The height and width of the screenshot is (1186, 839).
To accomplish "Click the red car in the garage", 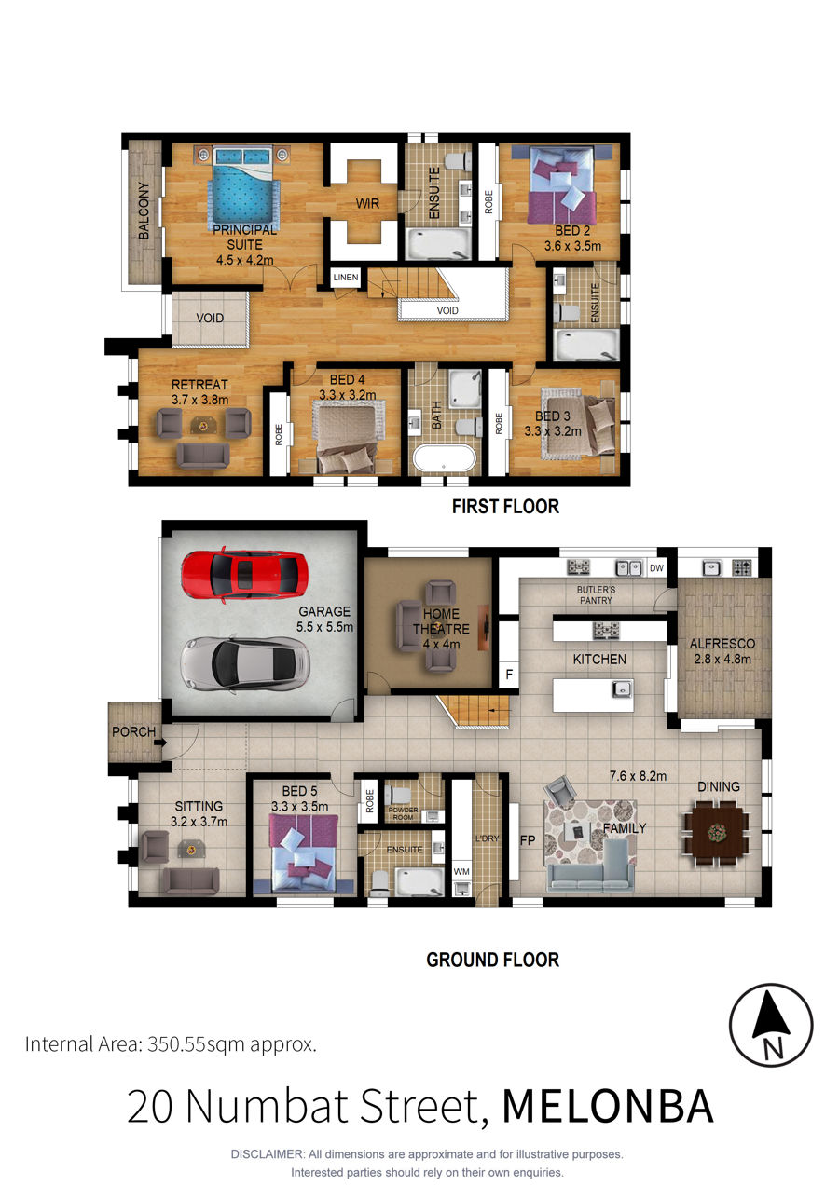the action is (x=244, y=575).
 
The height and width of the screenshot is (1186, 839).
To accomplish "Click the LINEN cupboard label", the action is (x=345, y=277).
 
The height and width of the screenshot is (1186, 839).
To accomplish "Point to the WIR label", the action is (x=367, y=203).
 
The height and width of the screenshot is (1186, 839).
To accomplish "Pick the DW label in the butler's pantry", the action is (x=656, y=568).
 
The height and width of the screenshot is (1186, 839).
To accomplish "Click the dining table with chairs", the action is (x=717, y=833).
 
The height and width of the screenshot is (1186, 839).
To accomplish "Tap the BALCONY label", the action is (x=143, y=210).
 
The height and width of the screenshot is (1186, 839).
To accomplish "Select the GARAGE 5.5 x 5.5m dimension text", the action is (x=324, y=619).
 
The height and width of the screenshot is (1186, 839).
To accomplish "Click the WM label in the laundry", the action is (x=461, y=871).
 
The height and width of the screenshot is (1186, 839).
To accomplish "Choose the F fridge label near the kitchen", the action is (x=509, y=674).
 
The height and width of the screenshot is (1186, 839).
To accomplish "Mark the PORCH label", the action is (x=133, y=731).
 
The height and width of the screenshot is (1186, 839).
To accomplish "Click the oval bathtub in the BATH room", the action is (x=444, y=457).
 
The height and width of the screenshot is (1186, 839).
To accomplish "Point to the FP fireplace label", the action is (x=528, y=839).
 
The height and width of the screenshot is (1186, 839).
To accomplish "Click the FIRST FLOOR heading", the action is (x=505, y=506).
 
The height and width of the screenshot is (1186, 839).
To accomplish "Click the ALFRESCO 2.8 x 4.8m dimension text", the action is (x=722, y=651).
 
